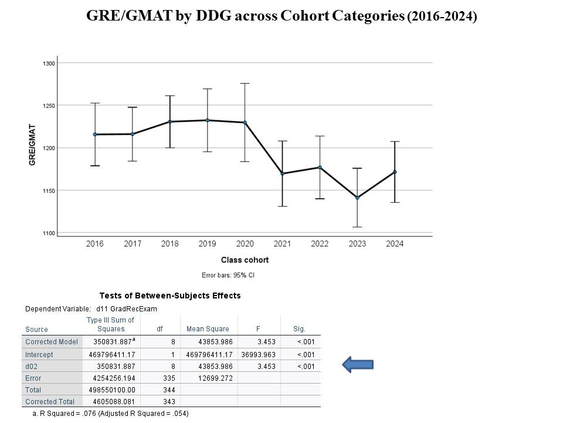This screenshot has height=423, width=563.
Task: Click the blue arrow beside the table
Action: click(x=357, y=365)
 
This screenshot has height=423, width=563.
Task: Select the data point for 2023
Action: click(x=357, y=197)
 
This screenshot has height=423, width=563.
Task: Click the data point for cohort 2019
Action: click(x=207, y=120)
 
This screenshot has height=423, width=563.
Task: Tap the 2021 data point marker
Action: click(x=282, y=173)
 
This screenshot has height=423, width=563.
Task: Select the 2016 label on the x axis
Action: click(x=94, y=244)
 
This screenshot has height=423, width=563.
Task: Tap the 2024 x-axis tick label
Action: click(x=395, y=244)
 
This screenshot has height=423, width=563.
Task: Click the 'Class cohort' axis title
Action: click(x=245, y=260)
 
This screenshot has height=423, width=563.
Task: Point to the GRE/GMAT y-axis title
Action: click(x=33, y=144)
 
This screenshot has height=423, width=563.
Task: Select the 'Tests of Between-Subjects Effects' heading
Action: click(x=170, y=296)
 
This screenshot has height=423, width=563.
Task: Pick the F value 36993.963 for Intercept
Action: click(x=258, y=354)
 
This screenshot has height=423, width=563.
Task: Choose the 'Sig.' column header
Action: click(x=299, y=329)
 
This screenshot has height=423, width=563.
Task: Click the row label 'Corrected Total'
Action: click(x=50, y=401)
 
